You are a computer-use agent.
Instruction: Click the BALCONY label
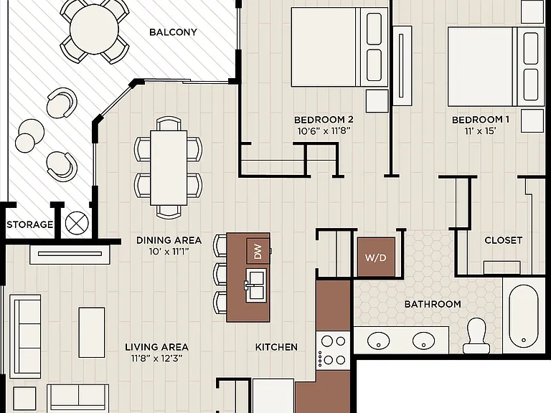pos(173,32)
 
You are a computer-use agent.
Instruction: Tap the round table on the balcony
pos(94,30)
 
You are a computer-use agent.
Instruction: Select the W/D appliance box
pos(376,257)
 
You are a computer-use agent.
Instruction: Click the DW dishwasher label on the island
pos(258,252)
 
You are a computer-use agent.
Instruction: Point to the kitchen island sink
pos(255,285)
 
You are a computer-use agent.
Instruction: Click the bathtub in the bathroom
pos(523,315)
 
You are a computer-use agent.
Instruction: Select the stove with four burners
pos(333,350)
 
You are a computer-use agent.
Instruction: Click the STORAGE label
pos(30,224)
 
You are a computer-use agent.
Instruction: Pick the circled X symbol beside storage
pos(77,223)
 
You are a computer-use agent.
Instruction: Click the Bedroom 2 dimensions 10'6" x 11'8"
pos(324,131)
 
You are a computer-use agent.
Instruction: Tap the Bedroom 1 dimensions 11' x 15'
pos(480,131)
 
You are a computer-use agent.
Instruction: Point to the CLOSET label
pos(503,240)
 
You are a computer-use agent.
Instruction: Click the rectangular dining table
pos(169,168)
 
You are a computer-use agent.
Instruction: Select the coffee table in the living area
pos(91,332)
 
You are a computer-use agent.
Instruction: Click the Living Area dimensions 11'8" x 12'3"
pos(156,359)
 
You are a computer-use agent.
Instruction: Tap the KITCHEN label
pos(276,347)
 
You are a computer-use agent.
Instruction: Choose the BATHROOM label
pos(433,304)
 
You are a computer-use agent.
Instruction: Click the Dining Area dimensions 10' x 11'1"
pos(169,252)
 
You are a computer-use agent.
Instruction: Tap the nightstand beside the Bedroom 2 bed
pos(377,101)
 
